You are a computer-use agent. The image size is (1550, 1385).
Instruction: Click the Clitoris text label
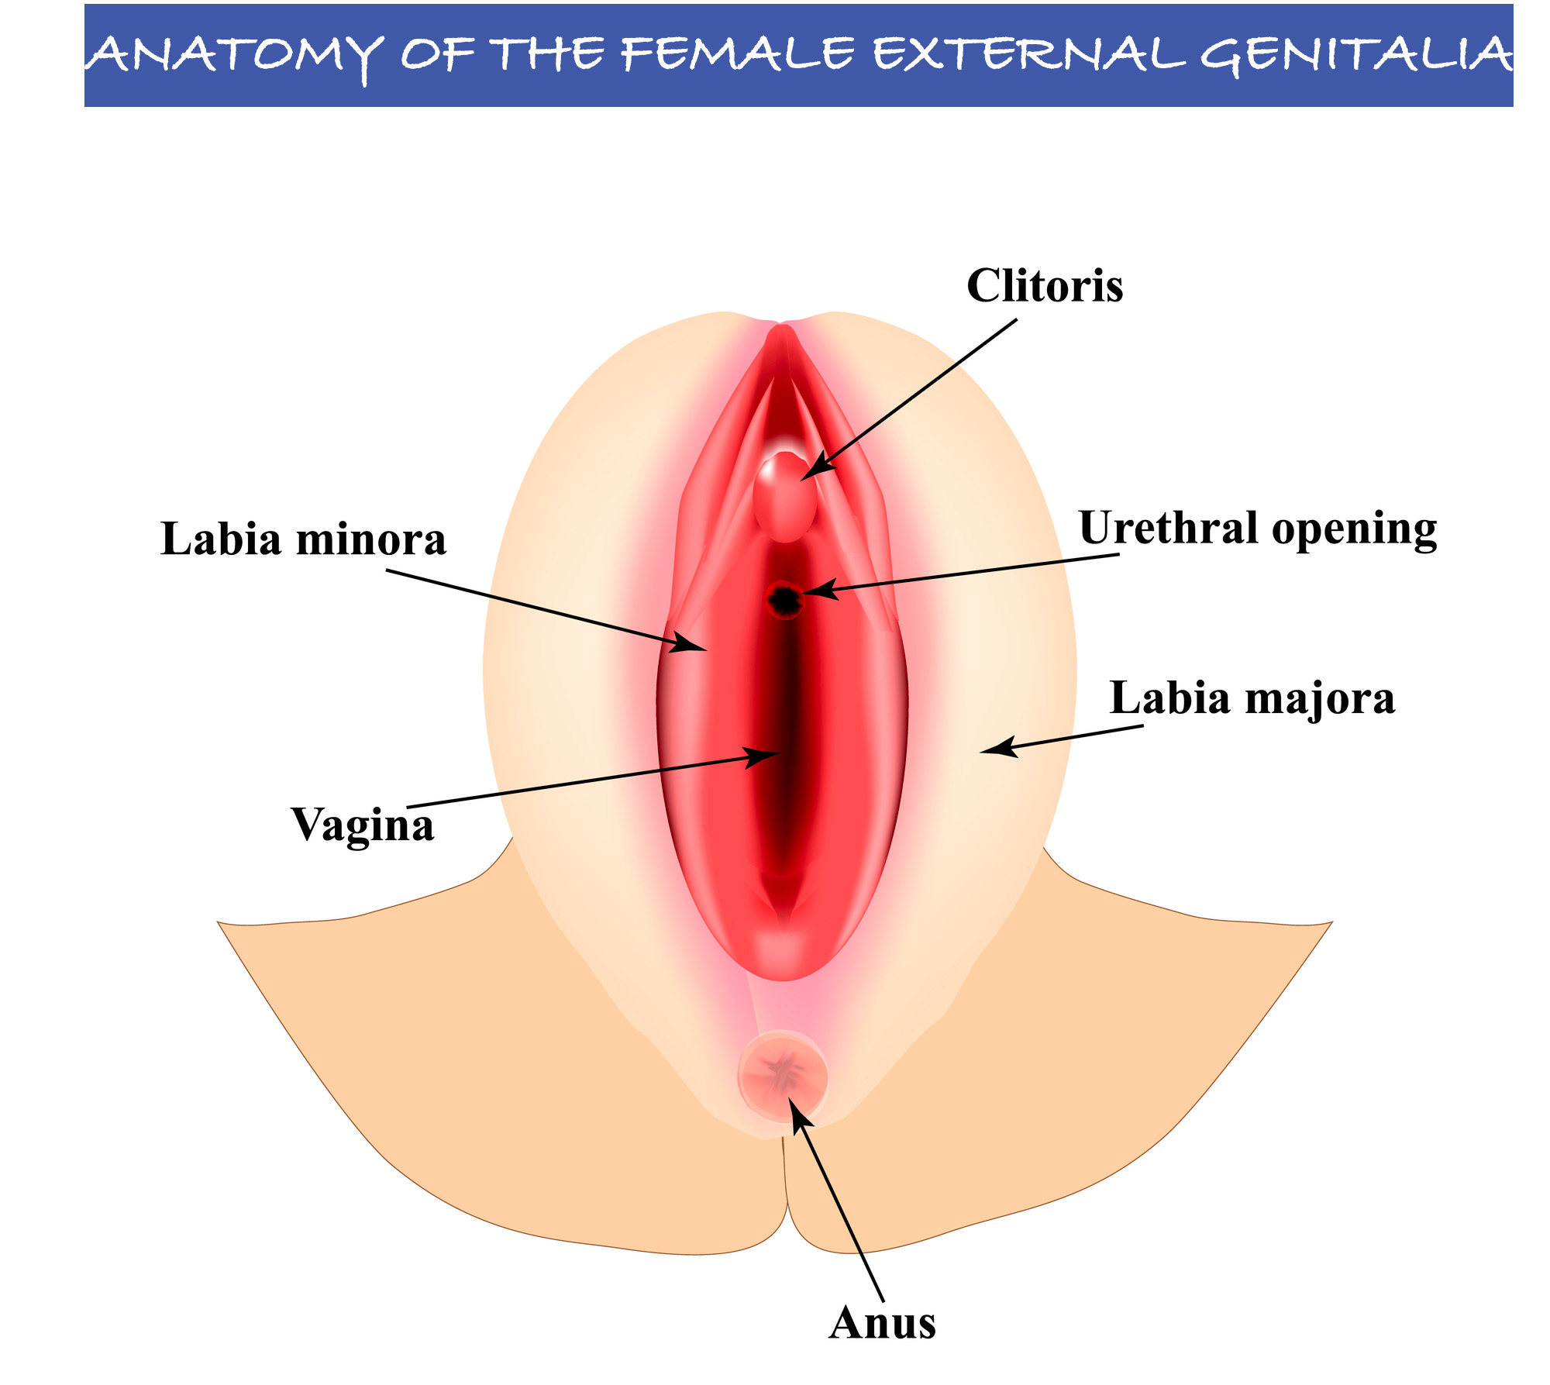(1044, 286)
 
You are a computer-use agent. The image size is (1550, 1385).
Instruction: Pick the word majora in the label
(1321, 698)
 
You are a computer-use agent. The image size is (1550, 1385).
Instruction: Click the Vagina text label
(362, 825)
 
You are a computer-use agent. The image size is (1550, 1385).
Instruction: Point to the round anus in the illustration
(783, 1075)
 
